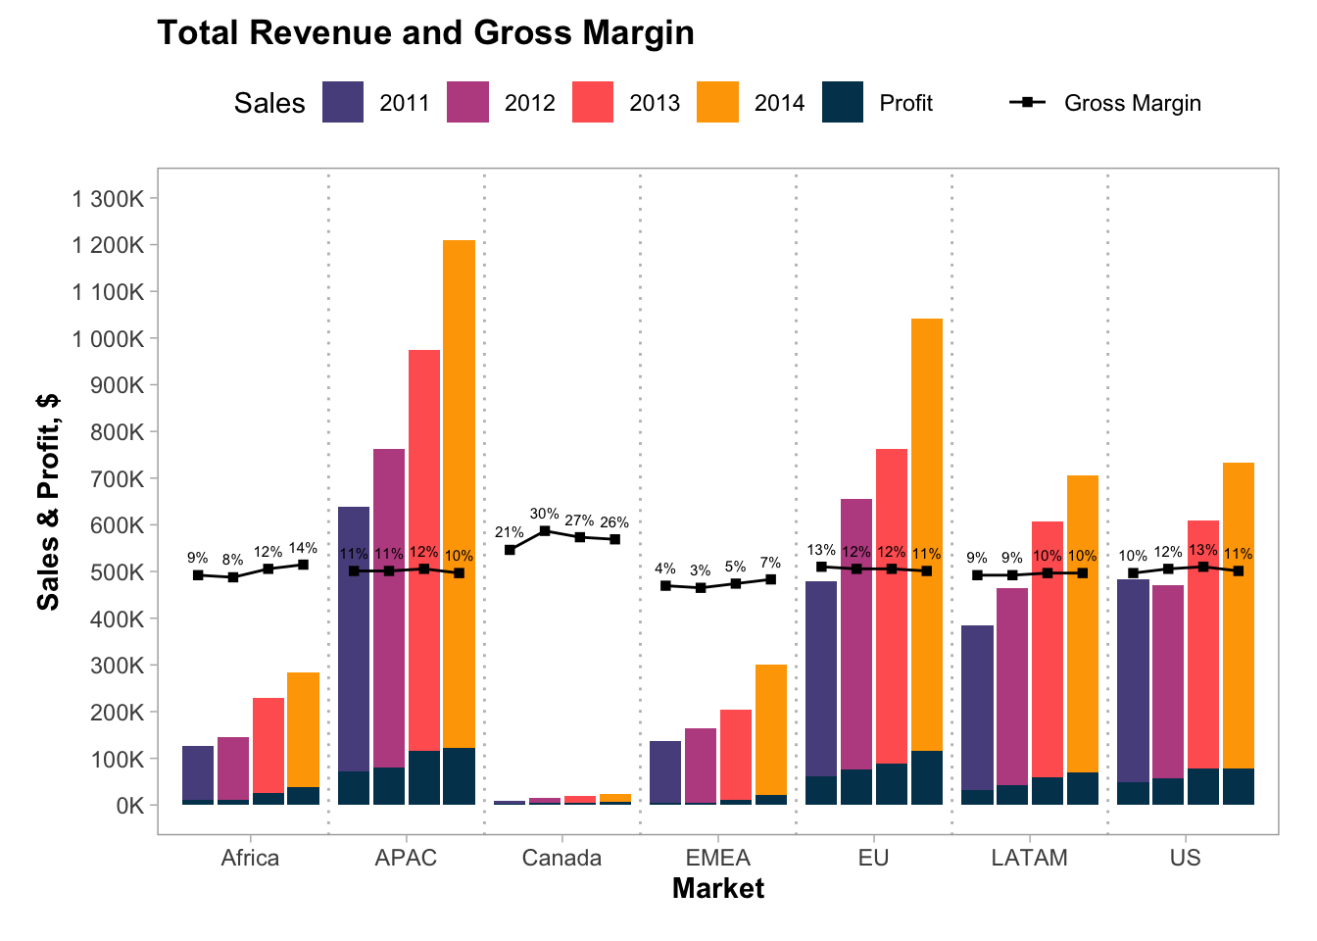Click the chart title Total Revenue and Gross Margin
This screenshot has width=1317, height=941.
point(425,33)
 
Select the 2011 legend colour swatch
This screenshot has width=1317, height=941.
point(343,103)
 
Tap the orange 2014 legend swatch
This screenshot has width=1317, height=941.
point(717,103)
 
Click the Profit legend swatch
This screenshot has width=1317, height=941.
point(843,103)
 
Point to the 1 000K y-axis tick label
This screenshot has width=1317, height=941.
point(108,339)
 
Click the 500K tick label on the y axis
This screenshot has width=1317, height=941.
point(117,572)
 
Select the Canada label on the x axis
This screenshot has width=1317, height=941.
point(561,859)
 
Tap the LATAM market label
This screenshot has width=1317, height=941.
point(1029,859)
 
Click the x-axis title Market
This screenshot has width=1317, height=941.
point(717,889)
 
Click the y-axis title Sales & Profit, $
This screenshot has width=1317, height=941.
point(48,502)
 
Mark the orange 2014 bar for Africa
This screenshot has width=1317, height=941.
point(303,725)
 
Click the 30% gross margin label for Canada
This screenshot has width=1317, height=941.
point(544,514)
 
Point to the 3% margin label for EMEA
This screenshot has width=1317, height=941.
point(700,570)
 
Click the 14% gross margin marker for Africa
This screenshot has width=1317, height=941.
point(303,565)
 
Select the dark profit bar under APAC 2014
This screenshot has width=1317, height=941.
point(459,776)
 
